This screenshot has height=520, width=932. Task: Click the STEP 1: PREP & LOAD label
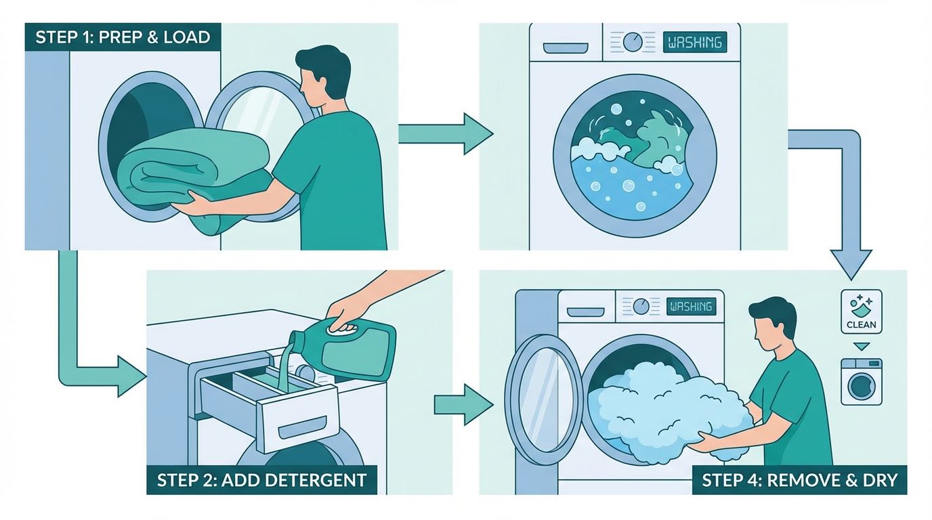tap(123, 37)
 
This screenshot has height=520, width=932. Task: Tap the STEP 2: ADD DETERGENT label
tap(261, 481)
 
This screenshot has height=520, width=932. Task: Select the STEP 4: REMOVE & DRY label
tap(799, 481)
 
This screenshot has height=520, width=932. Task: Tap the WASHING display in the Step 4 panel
tap(691, 307)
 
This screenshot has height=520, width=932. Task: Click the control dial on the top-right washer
tap(633, 42)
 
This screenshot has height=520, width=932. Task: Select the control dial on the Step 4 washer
tap(640, 307)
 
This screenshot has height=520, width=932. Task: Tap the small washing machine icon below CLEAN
tap(861, 382)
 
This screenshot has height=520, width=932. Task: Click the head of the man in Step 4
tap(772, 322)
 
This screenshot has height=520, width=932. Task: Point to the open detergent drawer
tap(271, 406)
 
